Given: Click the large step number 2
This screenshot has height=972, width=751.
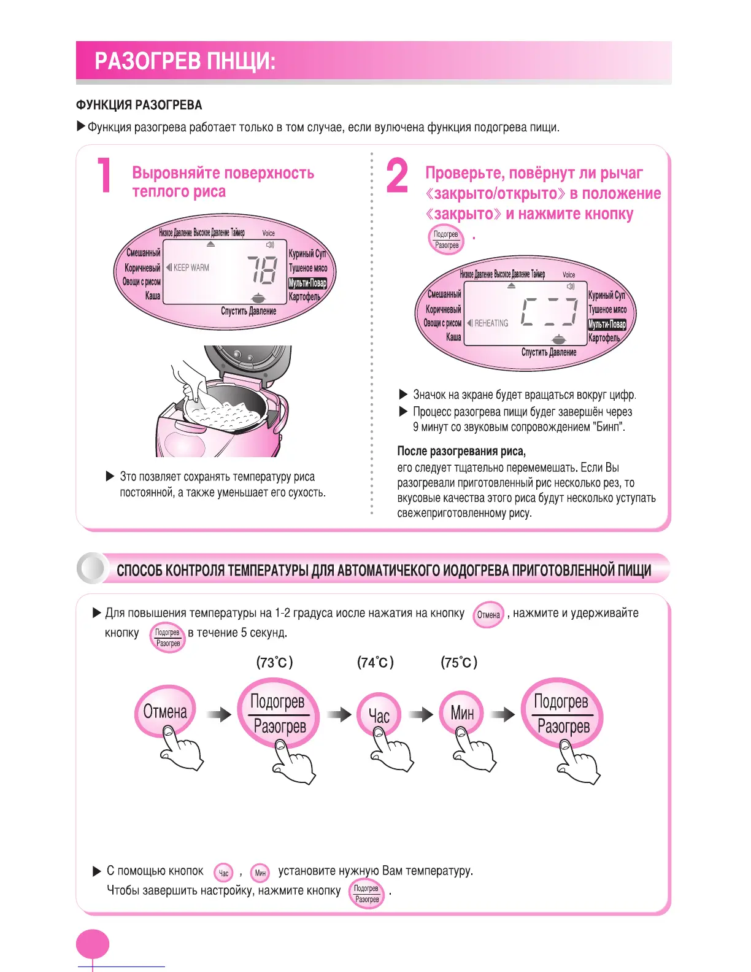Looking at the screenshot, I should pyautogui.click(x=397, y=175).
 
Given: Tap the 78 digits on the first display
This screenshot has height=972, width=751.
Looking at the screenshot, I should pyautogui.click(x=262, y=269).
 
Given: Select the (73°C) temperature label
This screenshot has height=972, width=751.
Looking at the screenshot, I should pyautogui.click(x=274, y=662).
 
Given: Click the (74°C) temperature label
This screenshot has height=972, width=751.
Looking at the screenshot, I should pyautogui.click(x=375, y=662).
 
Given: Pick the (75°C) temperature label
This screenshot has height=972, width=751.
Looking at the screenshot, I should pyautogui.click(x=459, y=662).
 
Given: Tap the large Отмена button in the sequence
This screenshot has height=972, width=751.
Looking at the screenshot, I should pyautogui.click(x=165, y=711).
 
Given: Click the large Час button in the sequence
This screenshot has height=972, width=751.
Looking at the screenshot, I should pyautogui.click(x=379, y=715).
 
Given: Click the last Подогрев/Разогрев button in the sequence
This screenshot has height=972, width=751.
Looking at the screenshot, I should pyautogui.click(x=561, y=713).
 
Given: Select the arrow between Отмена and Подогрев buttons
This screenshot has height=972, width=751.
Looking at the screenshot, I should pyautogui.click(x=218, y=714).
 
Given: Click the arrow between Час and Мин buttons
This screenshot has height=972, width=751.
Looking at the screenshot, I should pyautogui.click(x=421, y=714).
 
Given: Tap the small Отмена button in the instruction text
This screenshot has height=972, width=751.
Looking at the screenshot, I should pyautogui.click(x=488, y=615).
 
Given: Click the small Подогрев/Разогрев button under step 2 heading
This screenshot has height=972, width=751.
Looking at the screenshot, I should pyautogui.click(x=446, y=240).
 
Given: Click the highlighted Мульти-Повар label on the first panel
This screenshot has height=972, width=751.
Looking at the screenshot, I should pyautogui.click(x=307, y=283).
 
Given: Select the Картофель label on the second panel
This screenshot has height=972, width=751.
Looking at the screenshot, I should pyautogui.click(x=604, y=337).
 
